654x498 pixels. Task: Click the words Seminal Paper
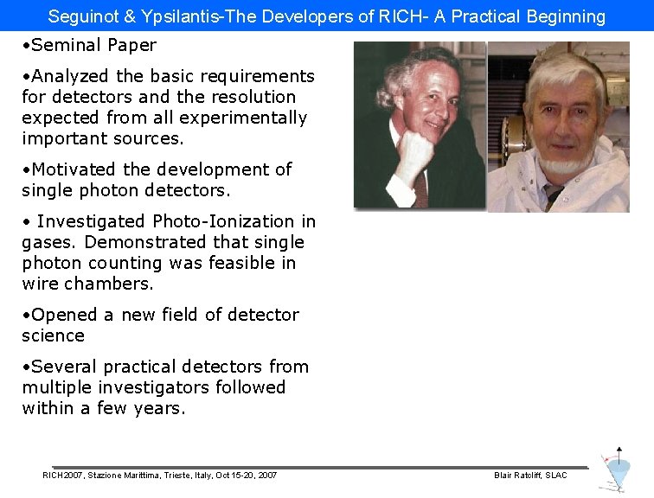(93, 45)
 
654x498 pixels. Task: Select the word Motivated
(74, 169)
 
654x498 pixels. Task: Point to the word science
(53, 335)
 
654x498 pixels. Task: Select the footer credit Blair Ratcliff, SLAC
(530, 476)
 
